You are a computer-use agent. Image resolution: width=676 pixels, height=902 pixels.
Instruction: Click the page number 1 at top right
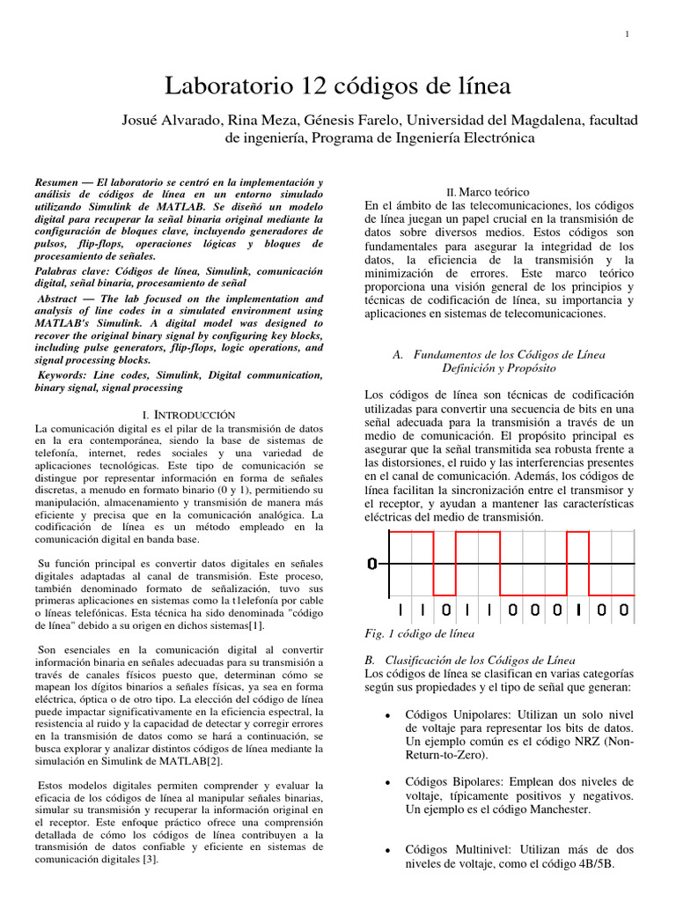coord(627,34)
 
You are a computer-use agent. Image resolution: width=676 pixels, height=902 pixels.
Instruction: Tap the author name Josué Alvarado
coord(170,120)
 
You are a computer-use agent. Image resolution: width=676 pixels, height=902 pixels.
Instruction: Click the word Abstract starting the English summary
coord(58,299)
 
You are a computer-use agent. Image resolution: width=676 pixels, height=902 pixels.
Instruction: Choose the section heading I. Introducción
coord(188,413)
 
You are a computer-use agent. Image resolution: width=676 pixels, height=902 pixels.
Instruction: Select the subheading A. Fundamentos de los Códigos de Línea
coord(499,354)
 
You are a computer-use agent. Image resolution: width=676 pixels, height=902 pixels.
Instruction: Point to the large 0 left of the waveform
coord(373,563)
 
